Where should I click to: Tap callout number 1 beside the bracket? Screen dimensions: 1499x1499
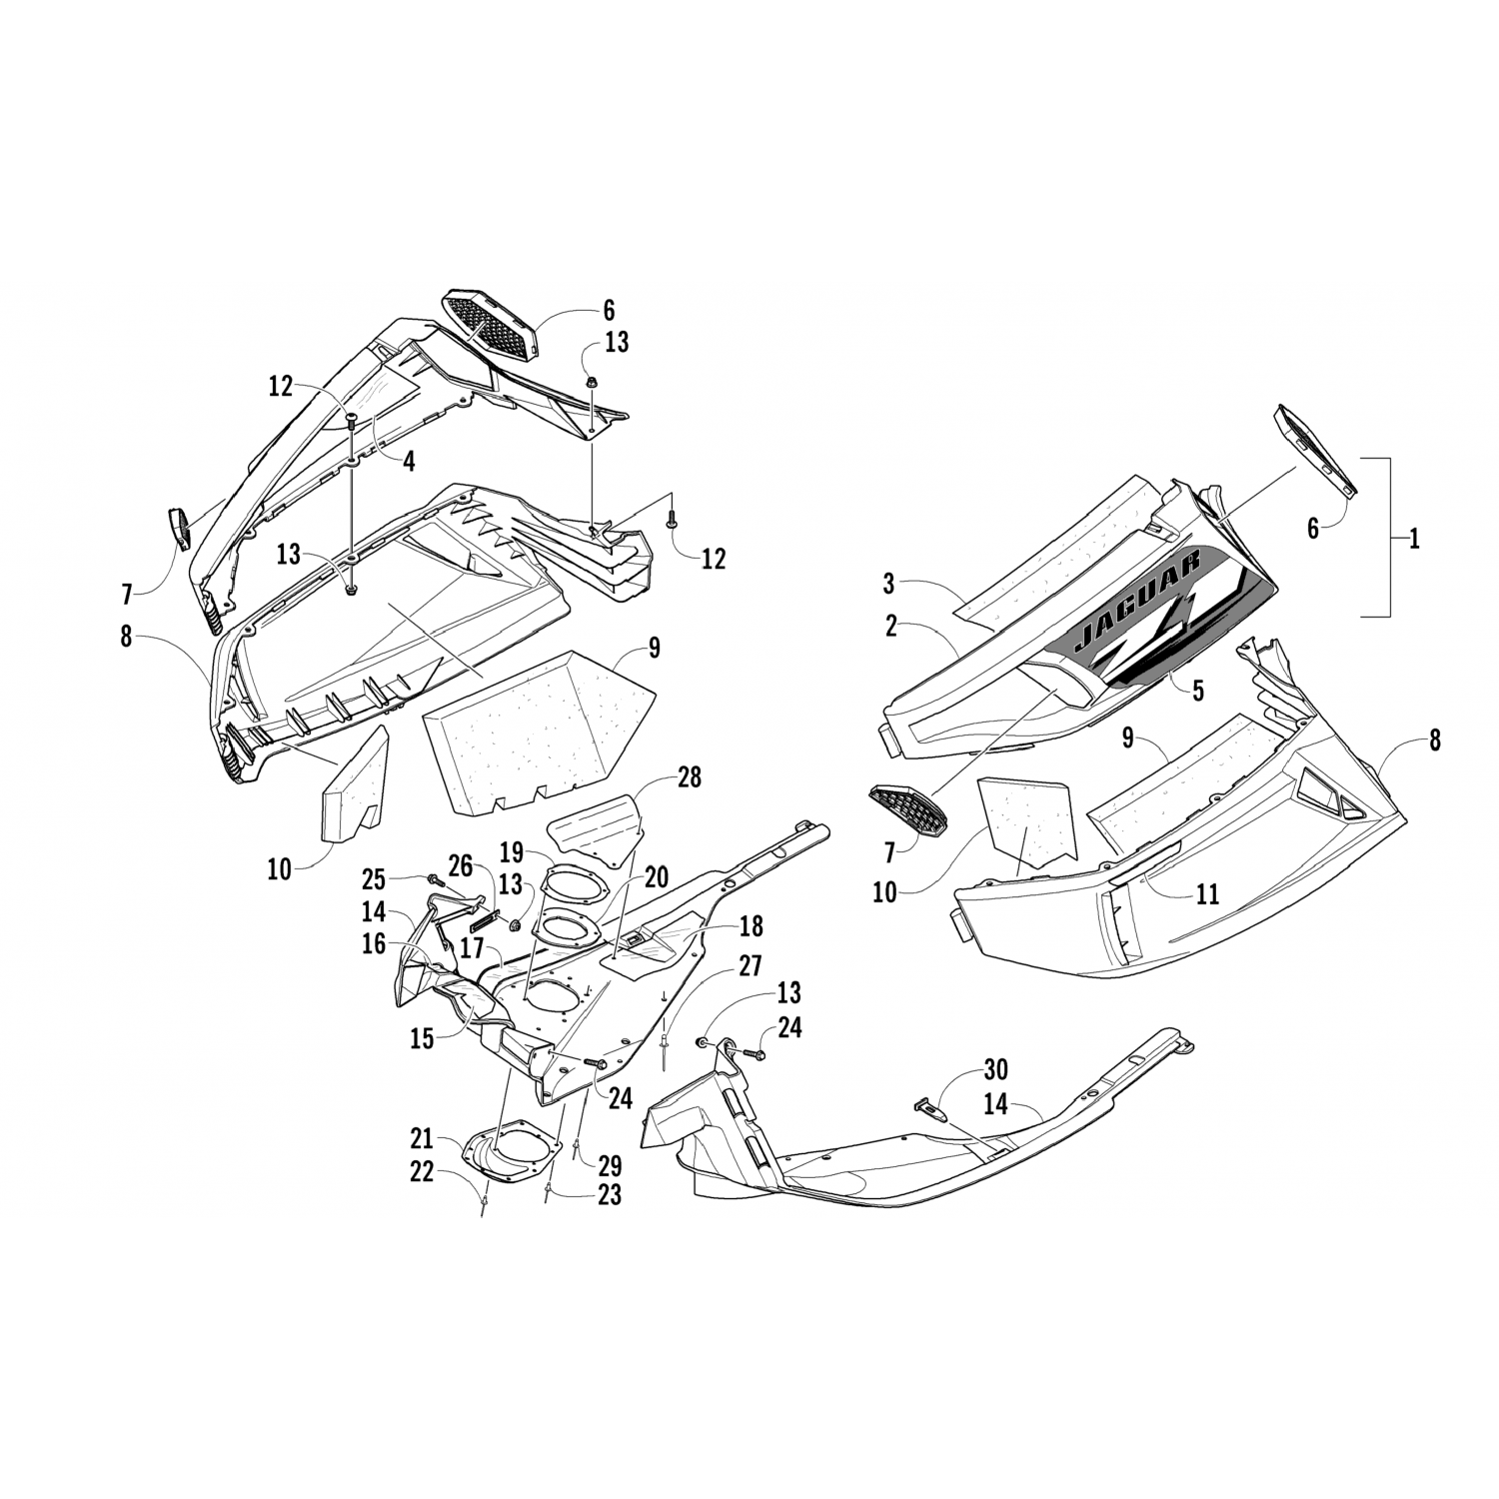(x=1413, y=539)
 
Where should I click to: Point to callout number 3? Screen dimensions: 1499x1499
(x=888, y=583)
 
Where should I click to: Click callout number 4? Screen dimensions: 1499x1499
(x=409, y=461)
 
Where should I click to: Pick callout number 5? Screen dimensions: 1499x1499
(x=1197, y=689)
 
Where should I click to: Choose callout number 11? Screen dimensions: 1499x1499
(x=1207, y=892)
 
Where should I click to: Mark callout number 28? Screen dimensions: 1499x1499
(x=690, y=776)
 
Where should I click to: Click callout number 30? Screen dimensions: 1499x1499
(x=995, y=1070)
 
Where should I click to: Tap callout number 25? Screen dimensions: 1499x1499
(x=373, y=879)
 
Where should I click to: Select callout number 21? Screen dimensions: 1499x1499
(x=420, y=1138)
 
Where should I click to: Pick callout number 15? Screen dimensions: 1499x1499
(x=421, y=1038)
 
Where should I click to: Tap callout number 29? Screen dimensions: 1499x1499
(x=609, y=1165)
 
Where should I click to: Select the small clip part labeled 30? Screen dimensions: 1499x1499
(x=928, y=1107)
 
